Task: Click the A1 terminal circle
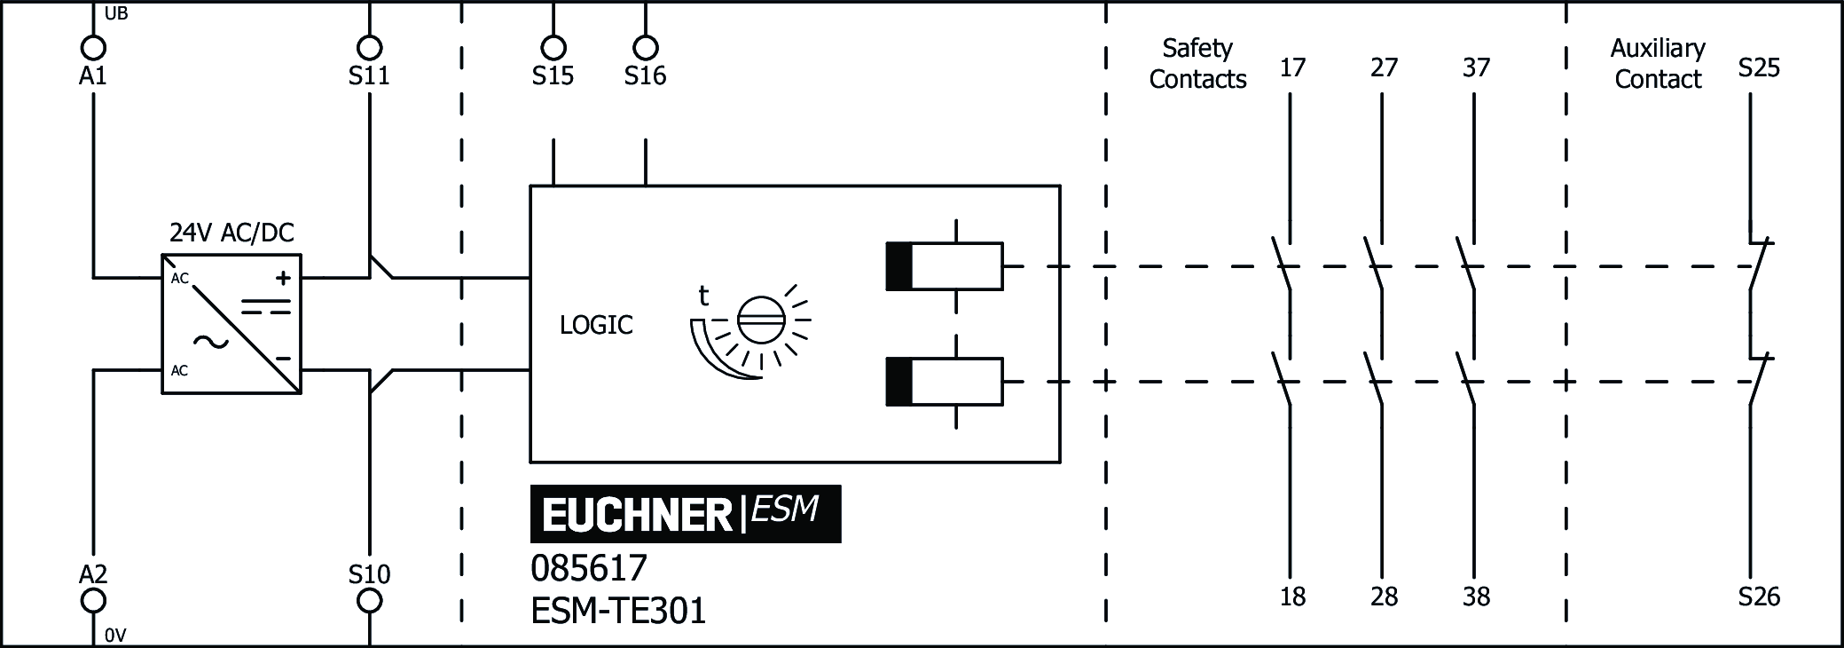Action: click(92, 47)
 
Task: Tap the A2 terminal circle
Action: click(92, 601)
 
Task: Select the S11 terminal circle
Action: click(369, 47)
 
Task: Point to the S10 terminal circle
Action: click(369, 601)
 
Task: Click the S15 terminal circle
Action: click(553, 47)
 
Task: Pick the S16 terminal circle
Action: click(645, 47)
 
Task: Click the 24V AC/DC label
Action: click(231, 233)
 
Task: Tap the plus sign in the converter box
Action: click(283, 279)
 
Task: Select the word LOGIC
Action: click(596, 325)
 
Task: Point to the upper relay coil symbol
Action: click(945, 265)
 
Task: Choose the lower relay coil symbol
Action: click(945, 382)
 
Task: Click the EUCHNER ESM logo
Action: click(685, 514)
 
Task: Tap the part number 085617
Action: click(589, 567)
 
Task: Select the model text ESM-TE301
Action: click(618, 611)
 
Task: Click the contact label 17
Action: click(1292, 67)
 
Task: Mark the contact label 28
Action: click(1384, 597)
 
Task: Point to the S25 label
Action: click(1759, 67)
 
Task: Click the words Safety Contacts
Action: click(1197, 63)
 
